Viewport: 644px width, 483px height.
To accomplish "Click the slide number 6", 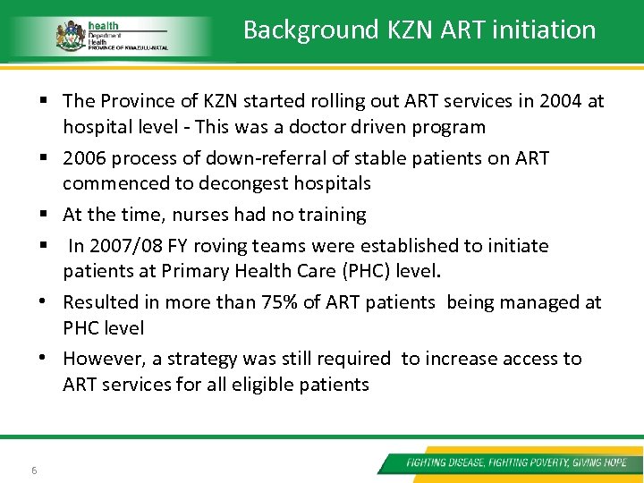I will click(33, 470).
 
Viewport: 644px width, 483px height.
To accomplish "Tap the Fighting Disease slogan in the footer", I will click(516, 462).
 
